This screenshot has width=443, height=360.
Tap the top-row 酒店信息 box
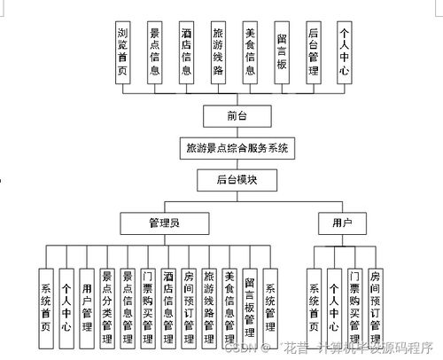pyautogui.click(x=187, y=52)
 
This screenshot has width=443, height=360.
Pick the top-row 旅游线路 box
pyautogui.click(x=218, y=52)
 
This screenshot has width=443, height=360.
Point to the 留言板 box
pyautogui.click(x=281, y=52)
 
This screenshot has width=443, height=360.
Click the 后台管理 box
pyautogui.click(x=313, y=52)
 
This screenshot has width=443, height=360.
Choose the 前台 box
pyautogui.click(x=235, y=115)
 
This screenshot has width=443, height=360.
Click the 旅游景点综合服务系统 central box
pyautogui.click(x=235, y=147)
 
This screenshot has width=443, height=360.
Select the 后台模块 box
pyautogui.click(x=235, y=179)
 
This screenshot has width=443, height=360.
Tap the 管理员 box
pyautogui.click(x=165, y=222)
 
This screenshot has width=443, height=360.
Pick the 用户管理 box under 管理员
pyautogui.click(x=87, y=306)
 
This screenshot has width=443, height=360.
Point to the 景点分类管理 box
pyautogui.click(x=107, y=306)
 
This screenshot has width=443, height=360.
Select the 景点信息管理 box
pyautogui.click(x=128, y=306)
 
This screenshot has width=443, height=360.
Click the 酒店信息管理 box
pyautogui.click(x=168, y=306)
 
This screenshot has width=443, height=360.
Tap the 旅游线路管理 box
pyautogui.click(x=209, y=306)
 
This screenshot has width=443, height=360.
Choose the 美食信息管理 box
pyautogui.click(x=229, y=306)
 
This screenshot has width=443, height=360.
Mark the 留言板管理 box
pyautogui.click(x=250, y=306)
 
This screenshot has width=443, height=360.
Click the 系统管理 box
pyautogui.click(x=270, y=306)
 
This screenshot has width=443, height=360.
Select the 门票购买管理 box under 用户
pyautogui.click(x=354, y=306)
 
